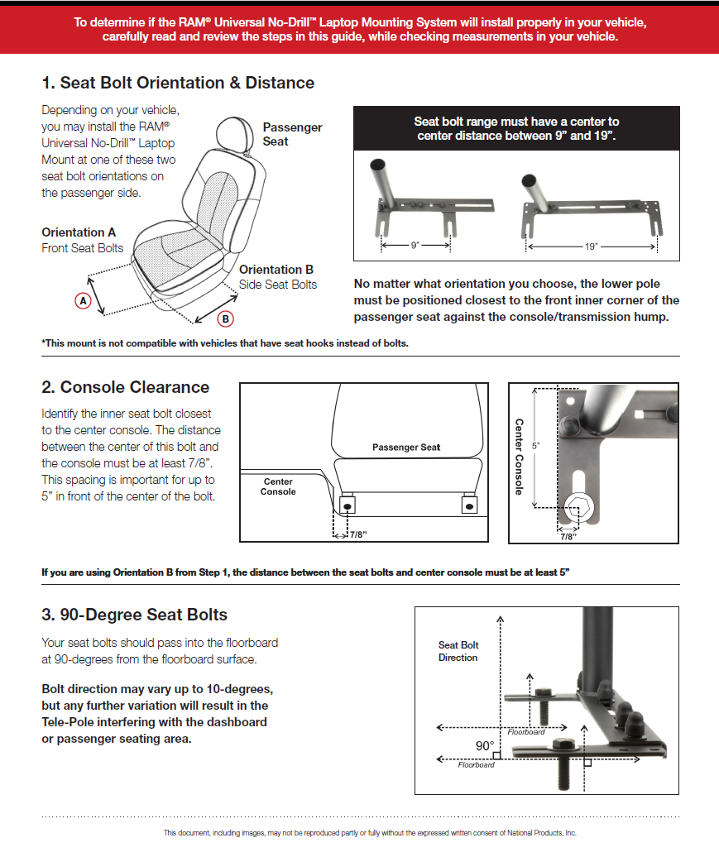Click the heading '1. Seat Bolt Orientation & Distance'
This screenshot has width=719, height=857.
pyautogui.click(x=178, y=83)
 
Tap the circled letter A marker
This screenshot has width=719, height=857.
pyautogui.click(x=83, y=301)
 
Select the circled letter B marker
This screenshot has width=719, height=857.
pyautogui.click(x=224, y=319)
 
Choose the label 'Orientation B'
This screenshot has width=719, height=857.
pyautogui.click(x=276, y=270)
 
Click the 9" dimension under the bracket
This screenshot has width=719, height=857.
pyautogui.click(x=415, y=246)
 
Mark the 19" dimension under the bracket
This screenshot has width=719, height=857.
pyautogui.click(x=591, y=247)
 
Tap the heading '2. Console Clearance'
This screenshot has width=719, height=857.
pyautogui.click(x=125, y=387)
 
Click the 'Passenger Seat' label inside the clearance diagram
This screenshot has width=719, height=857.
pyautogui.click(x=406, y=447)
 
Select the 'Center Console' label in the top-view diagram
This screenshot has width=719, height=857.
pyautogui.click(x=278, y=486)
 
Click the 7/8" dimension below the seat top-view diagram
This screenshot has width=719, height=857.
pyautogui.click(x=357, y=535)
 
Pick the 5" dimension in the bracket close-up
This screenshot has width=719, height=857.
pyautogui.click(x=536, y=446)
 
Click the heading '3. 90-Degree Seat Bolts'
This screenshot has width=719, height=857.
pyautogui.click(x=134, y=615)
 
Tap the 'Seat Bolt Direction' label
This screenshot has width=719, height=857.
pyautogui.click(x=458, y=651)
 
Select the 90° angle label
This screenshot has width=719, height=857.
pyautogui.click(x=484, y=745)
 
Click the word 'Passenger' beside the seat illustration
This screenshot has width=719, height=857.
pyautogui.click(x=292, y=127)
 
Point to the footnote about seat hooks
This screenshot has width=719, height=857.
pyautogui.click(x=225, y=343)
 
